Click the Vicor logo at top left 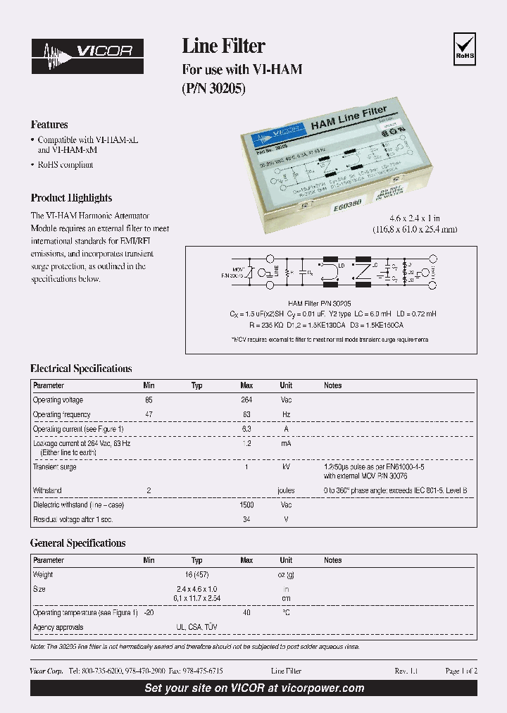click(x=87, y=56)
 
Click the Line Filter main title click(x=223, y=46)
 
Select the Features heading click(x=49, y=125)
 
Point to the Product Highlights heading click(x=71, y=198)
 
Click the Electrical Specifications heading click(x=81, y=368)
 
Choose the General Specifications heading click(x=77, y=543)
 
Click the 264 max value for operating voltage click(x=246, y=400)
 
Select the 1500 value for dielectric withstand click(x=246, y=505)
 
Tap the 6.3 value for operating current click(x=246, y=428)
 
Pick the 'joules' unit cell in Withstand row click(x=286, y=490)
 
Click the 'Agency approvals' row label click(x=58, y=627)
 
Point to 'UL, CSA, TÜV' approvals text click(x=196, y=627)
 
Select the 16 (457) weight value click(x=196, y=575)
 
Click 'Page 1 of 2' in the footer click(x=461, y=671)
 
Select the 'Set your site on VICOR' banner click(x=254, y=688)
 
